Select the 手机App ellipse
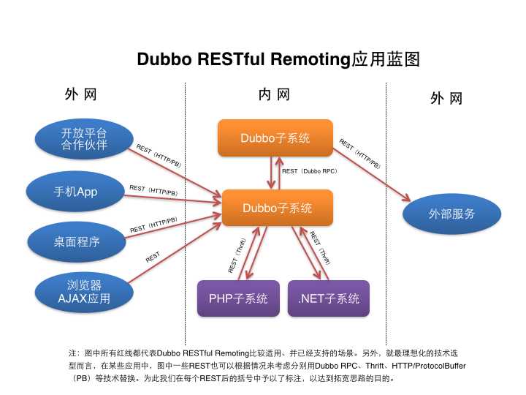pyautogui.click(x=75, y=192)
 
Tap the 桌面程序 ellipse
pyautogui.click(x=75, y=241)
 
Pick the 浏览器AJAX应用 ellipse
pyautogui.click(x=83, y=291)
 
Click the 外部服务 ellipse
pyautogui.click(x=451, y=214)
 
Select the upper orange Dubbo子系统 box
pyautogui.click(x=275, y=138)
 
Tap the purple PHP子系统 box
pyautogui.click(x=238, y=298)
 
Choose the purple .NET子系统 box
pyautogui.click(x=328, y=298)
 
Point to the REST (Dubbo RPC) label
pyautogui.click(x=309, y=171)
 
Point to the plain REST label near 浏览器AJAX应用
pyautogui.click(x=153, y=257)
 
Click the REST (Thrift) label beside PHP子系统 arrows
pyautogui.click(x=238, y=255)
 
